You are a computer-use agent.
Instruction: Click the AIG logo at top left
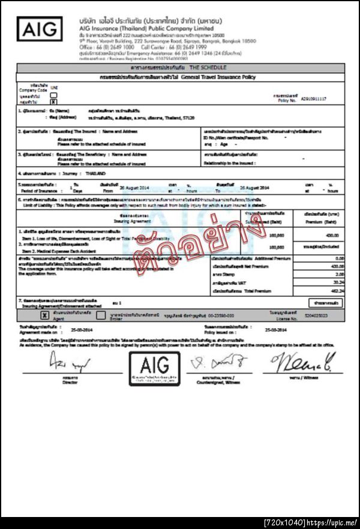[x=39, y=28]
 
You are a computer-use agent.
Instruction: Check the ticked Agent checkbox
[x=44, y=314]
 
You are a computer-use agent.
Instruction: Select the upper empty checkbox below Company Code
[x=53, y=95]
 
